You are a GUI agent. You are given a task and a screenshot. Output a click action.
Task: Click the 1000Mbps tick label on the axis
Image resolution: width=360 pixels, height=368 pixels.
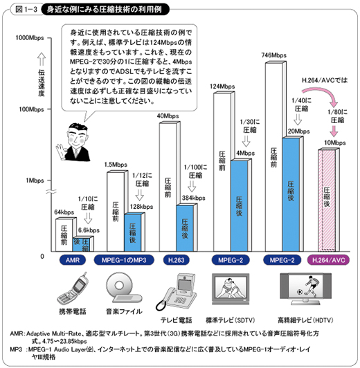pos(30,38)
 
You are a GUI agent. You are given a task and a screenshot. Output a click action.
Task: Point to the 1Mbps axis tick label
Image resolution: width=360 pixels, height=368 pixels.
pos(35,181)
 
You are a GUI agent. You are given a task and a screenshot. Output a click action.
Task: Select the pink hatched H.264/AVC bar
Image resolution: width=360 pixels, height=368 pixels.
pos(327,201)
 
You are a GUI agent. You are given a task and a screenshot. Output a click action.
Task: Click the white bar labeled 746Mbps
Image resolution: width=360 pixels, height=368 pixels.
pos(274,157)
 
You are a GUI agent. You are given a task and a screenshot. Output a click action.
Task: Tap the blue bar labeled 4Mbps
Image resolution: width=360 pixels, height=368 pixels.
pos(239,206)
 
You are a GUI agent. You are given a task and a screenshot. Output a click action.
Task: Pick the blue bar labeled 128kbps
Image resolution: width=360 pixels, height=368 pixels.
pos(133,233)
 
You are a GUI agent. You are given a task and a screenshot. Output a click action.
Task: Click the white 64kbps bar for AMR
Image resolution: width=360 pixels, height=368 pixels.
pos(64,235)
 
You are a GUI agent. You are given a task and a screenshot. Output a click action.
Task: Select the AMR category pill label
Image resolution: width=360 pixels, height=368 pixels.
pos(73,260)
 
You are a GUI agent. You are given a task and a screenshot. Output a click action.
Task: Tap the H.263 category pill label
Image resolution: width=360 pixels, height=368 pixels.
pos(176,260)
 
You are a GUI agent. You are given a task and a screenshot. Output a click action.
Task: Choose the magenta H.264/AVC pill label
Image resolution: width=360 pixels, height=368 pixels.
pos(329,260)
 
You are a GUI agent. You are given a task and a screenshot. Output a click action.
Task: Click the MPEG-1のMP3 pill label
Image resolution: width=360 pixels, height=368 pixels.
pos(124,260)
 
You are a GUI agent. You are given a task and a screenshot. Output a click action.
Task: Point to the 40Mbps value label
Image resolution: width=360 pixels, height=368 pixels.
pos(168,116)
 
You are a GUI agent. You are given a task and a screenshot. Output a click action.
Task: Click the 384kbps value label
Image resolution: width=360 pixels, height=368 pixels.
pos(194,198)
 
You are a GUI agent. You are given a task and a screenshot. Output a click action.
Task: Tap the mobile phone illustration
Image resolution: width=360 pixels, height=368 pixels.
pos(73,289)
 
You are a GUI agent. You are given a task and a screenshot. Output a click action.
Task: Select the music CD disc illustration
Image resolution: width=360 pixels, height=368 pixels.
pos(119,285)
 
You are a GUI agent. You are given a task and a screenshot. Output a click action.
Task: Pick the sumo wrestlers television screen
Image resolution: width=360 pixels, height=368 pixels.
pos(231,288)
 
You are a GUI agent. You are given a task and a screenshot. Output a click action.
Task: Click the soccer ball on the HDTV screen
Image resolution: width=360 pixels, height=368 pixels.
pos(300,292)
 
